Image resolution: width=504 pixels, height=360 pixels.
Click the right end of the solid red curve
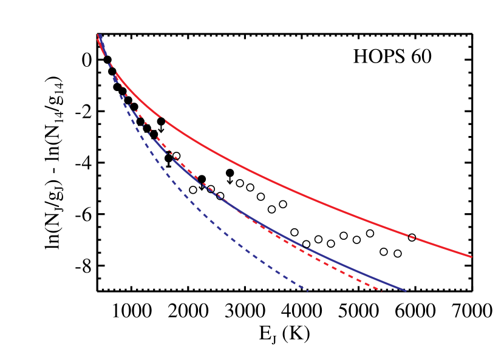[x=471, y=256]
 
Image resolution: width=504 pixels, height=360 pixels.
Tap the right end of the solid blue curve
[x=404, y=291]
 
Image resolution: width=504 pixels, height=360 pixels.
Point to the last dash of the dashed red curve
[x=379, y=290]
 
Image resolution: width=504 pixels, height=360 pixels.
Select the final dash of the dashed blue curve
[x=305, y=290]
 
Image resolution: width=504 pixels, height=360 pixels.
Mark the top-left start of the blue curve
[x=100, y=35]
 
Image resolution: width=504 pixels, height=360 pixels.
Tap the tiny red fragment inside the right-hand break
[x=412, y=236]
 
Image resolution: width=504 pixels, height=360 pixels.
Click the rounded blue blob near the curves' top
[x=115, y=78]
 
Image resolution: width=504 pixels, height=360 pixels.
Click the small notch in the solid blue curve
[x=304, y=246]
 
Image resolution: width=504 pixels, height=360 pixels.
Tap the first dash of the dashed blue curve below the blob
[x=122, y=96]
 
